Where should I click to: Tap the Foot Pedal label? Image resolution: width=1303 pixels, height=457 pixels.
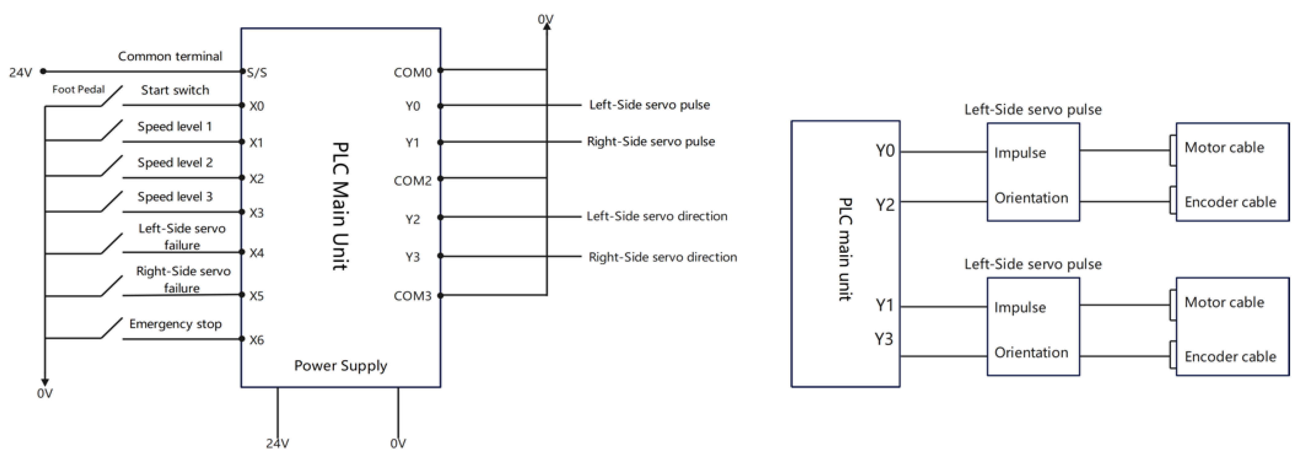(x=78, y=90)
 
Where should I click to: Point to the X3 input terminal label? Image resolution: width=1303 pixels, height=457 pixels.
(x=256, y=213)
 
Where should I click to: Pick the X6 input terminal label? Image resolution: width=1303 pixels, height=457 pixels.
(x=256, y=340)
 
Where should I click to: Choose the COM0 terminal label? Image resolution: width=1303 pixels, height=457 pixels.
(x=412, y=73)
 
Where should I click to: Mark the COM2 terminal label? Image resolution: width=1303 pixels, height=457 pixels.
(x=412, y=181)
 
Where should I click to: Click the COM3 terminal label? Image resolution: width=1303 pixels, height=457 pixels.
(x=412, y=296)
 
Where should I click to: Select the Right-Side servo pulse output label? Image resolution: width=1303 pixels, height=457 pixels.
(x=651, y=142)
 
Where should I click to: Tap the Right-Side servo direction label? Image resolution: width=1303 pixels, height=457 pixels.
(x=662, y=257)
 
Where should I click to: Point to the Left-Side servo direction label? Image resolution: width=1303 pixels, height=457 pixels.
(x=656, y=216)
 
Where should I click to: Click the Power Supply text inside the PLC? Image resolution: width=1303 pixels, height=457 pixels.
(x=340, y=365)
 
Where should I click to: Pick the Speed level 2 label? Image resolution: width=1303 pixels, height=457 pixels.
(x=175, y=162)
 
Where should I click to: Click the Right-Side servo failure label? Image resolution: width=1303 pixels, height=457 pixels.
(x=183, y=279)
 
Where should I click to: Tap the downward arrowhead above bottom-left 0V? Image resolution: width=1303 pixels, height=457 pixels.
(x=45, y=382)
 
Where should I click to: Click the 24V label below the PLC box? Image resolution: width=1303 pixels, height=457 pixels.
(x=277, y=444)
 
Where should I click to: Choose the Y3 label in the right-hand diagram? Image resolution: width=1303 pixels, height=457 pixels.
(x=884, y=339)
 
